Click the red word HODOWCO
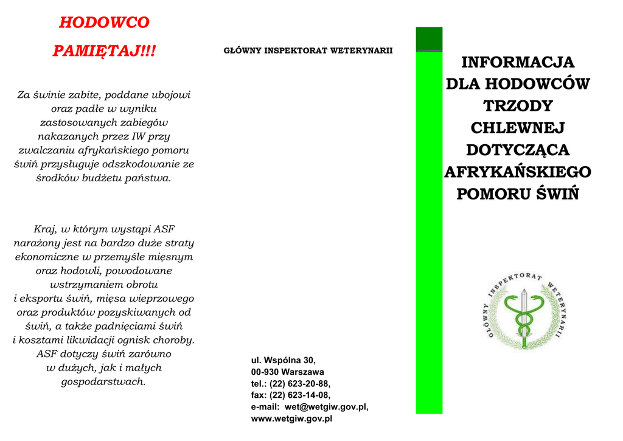coord(104,23)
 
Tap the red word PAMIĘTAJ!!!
coord(104,51)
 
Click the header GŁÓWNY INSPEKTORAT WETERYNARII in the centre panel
coord(308,50)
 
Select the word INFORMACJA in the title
coord(518,63)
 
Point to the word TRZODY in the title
coord(518,106)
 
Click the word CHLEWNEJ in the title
coord(518,128)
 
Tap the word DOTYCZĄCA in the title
coord(518,150)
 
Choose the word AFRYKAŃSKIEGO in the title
coord(518,172)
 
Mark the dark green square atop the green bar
coord(429,39)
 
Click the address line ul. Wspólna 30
coord(284,360)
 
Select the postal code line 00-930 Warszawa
coord(288,372)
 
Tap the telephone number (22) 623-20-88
coord(300,383)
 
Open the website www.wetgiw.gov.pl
coord(291,418)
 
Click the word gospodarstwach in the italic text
coord(104,382)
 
